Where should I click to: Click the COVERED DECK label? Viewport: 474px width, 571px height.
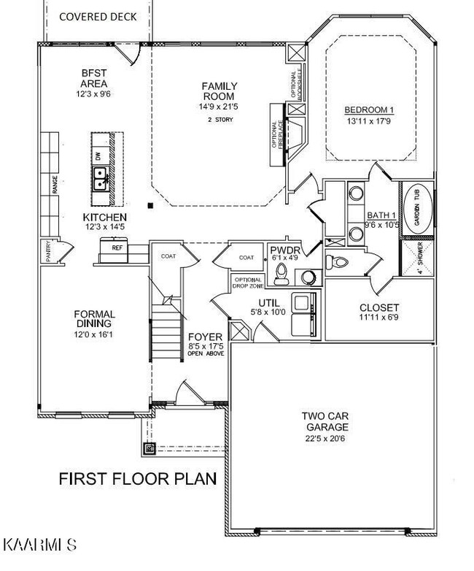click(x=98, y=17)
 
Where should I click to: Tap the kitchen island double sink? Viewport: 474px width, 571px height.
click(x=100, y=179)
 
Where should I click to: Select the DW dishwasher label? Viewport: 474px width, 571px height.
click(x=98, y=156)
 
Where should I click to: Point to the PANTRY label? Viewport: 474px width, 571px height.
click(x=48, y=251)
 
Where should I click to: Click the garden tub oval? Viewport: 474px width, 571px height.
click(x=418, y=210)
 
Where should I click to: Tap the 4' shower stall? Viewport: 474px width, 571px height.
click(x=417, y=258)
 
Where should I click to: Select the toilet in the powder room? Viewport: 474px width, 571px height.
click(x=281, y=274)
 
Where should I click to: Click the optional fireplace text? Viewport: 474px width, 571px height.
click(x=278, y=134)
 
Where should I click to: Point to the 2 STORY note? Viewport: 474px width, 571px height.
click(x=220, y=120)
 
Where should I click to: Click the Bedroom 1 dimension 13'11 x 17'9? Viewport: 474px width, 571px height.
click(x=369, y=121)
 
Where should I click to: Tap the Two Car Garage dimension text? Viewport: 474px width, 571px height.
click(x=325, y=438)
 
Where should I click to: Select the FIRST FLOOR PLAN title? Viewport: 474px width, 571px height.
click(x=138, y=478)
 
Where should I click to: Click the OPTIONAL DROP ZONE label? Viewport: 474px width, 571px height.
click(x=248, y=283)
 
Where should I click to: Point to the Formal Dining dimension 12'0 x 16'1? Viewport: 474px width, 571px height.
click(x=93, y=334)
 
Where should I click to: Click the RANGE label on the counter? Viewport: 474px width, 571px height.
click(x=55, y=184)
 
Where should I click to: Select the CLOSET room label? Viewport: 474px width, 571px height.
click(x=379, y=307)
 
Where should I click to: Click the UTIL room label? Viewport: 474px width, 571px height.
click(x=269, y=302)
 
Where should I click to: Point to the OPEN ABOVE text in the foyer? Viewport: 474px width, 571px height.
click(x=206, y=353)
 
